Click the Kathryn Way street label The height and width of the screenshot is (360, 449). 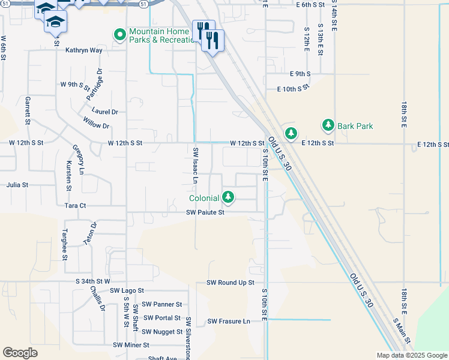pos(83,50)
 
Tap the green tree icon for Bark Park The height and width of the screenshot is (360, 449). pos(328,125)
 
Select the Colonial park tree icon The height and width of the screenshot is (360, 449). pos(228,196)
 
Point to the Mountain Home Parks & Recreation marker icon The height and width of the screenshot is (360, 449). pos(119,35)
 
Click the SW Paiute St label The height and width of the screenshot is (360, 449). pos(205,212)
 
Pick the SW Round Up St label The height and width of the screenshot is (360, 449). pos(231,282)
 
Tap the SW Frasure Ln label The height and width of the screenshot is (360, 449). pos(229,321)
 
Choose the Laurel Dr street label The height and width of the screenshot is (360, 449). pos(105,112)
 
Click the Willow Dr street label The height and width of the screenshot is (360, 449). pos(97,126)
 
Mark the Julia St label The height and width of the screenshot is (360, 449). pos(17,185)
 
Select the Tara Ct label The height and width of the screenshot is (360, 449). pos(75,205)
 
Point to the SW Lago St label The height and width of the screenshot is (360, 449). pos(127,290)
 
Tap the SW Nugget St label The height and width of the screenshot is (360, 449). pos(162,332)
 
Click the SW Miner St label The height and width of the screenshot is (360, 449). pos(131,345)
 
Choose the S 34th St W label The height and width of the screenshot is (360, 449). pos(93,281)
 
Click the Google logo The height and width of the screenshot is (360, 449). pos(20,353)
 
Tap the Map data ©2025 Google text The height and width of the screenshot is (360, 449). pos(411,355)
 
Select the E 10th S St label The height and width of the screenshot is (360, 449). pos(292,88)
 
